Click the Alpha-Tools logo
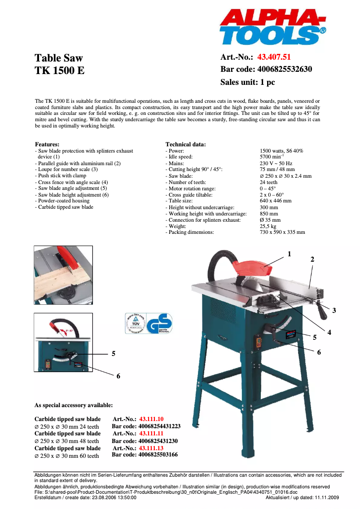pyautogui.click(x=272, y=28)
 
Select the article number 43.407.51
pyautogui.click(x=274, y=57)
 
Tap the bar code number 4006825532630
pyautogui.click(x=285, y=69)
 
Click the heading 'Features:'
pyautogui.click(x=47, y=145)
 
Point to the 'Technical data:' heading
pyautogui.click(x=186, y=145)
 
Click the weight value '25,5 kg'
pyautogui.click(x=268, y=226)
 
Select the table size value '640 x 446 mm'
pyautogui.click(x=276, y=201)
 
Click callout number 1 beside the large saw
pyautogui.click(x=290, y=254)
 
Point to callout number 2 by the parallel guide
pyautogui.click(x=312, y=259)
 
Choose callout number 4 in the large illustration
pyautogui.click(x=329, y=332)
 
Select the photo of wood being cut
pyautogui.click(x=63, y=275)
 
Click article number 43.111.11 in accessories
pyautogui.click(x=151, y=434)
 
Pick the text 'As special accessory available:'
pyautogui.click(x=74, y=405)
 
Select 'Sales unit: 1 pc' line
pyautogui.click(x=247, y=82)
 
